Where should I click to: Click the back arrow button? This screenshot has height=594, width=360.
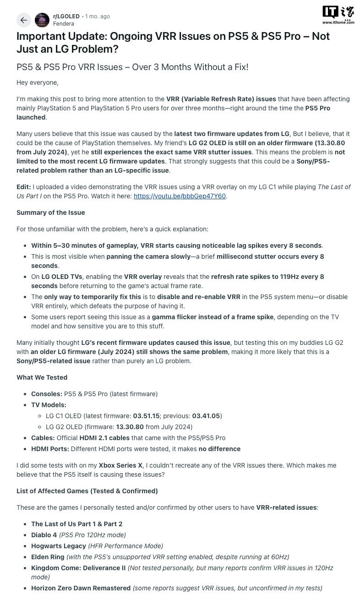coord(24,20)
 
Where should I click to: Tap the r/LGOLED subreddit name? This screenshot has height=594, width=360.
coord(66,16)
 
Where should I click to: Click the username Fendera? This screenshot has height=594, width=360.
coord(63,23)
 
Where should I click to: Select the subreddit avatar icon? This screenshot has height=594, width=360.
coord(42,20)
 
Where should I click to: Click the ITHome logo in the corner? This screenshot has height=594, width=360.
coord(338,15)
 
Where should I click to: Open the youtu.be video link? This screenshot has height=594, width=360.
coord(180,196)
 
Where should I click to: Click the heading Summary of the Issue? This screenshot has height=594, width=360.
coord(50,213)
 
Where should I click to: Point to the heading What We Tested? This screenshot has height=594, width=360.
coord(42,377)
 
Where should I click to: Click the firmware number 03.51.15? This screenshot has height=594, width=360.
coord(146,416)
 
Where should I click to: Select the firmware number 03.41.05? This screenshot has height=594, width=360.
coord(206,416)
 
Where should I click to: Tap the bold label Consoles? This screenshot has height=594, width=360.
coord(47,394)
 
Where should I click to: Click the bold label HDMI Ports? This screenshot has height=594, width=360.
coord(50,449)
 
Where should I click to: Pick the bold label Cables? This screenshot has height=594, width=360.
coord(43,438)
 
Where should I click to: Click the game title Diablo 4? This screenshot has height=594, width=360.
coord(44,535)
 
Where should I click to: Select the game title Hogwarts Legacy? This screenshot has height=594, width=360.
coord(59,546)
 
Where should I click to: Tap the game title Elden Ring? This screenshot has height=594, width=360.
coord(48,557)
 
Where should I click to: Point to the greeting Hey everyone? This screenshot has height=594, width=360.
coord(38,82)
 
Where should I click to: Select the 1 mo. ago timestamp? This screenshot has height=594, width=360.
coord(98,16)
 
